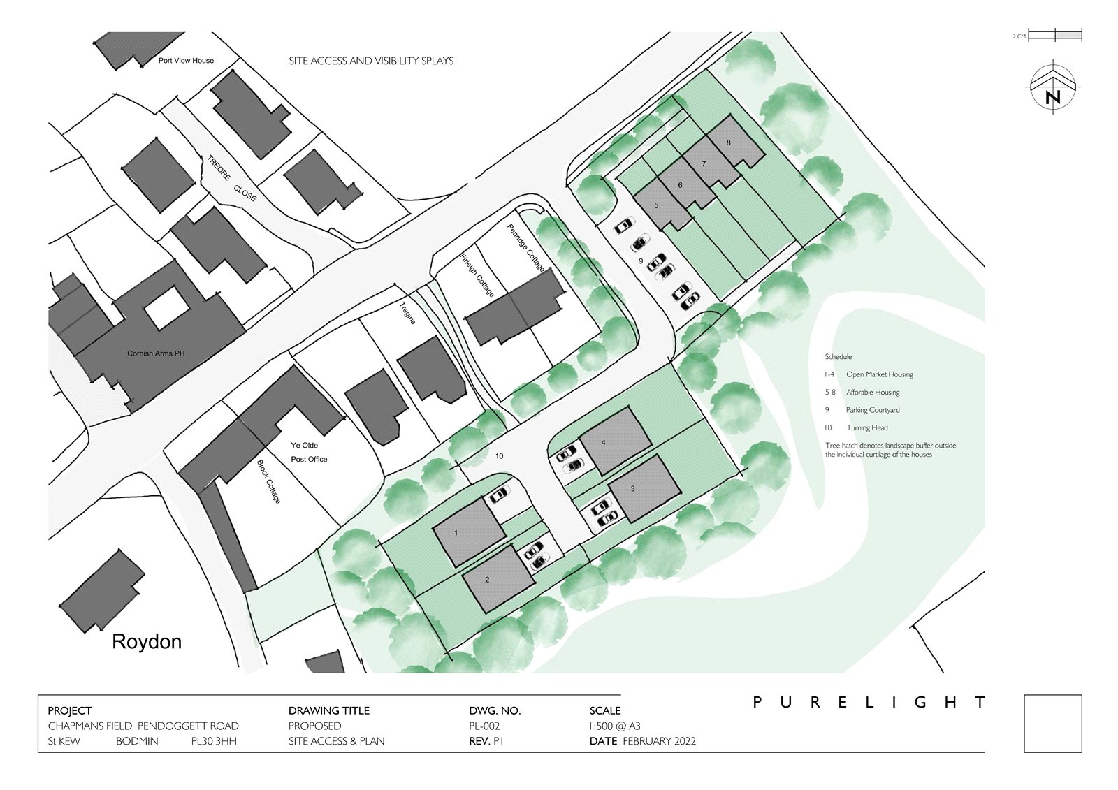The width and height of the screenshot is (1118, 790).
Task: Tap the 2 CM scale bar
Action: pyautogui.click(x=1055, y=36)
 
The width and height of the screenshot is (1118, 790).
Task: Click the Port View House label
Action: pyautogui.click(x=186, y=60)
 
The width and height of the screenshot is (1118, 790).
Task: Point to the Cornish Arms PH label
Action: pyautogui.click(x=156, y=353)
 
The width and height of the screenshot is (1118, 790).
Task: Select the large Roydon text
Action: pyautogui.click(x=147, y=641)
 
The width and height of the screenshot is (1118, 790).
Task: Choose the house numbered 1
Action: pyautogui.click(x=469, y=532)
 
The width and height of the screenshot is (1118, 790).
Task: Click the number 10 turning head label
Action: pyautogui.click(x=500, y=455)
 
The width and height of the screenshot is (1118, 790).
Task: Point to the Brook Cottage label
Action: pyautogui.click(x=269, y=481)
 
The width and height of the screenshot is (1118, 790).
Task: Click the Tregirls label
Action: pyautogui.click(x=408, y=313)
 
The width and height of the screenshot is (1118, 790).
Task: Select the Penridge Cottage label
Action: pyautogui.click(x=526, y=247)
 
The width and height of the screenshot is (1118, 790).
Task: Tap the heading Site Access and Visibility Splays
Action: pyautogui.click(x=371, y=61)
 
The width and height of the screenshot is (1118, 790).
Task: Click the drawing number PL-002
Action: pyautogui.click(x=484, y=726)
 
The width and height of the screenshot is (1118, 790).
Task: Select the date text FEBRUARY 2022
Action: pyautogui.click(x=660, y=741)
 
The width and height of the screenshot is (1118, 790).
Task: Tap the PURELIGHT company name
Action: pyautogui.click(x=869, y=703)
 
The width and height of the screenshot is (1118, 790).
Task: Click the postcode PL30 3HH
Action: pyautogui.click(x=214, y=741)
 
